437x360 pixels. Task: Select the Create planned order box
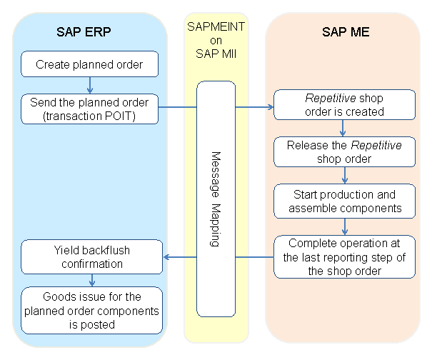pos(89,64)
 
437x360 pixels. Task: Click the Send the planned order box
pos(89,109)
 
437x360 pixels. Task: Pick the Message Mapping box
pos(216,199)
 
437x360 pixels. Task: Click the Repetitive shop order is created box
pos(345,104)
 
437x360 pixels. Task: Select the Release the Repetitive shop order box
pos(345,151)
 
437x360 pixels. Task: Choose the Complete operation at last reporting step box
pos(345,256)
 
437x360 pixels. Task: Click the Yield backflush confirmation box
pos(89,257)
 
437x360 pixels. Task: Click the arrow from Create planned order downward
pos(89,85)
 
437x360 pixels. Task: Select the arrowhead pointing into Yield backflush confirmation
pos(168,257)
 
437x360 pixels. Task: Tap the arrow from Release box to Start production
pos(345,175)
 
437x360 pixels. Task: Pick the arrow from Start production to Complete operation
pos(345,226)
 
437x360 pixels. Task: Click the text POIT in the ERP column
pos(129,115)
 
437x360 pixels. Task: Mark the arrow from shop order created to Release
pos(344,128)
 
